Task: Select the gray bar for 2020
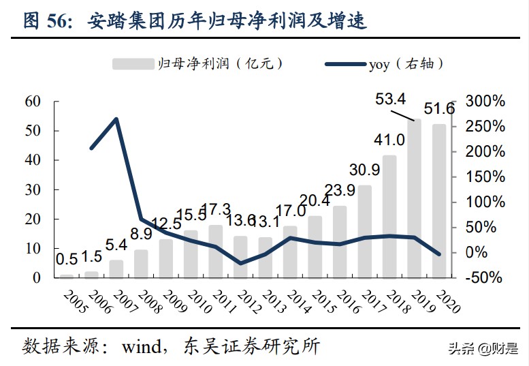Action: pyautogui.click(x=439, y=201)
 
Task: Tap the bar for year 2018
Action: pyautogui.click(x=389, y=217)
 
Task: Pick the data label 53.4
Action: pyautogui.click(x=391, y=100)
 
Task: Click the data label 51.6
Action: pyautogui.click(x=439, y=109)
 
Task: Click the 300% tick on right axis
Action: pyautogui.click(x=485, y=101)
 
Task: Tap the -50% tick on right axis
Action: pyautogui.click(x=484, y=277)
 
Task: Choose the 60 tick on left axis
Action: pyautogui.click(x=33, y=101)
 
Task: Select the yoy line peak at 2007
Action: pyautogui.click(x=116, y=119)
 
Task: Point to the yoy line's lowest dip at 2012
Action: pyautogui.click(x=240, y=263)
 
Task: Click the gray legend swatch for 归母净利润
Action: pyautogui.click(x=132, y=64)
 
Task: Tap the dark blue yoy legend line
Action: pyautogui.click(x=344, y=64)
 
